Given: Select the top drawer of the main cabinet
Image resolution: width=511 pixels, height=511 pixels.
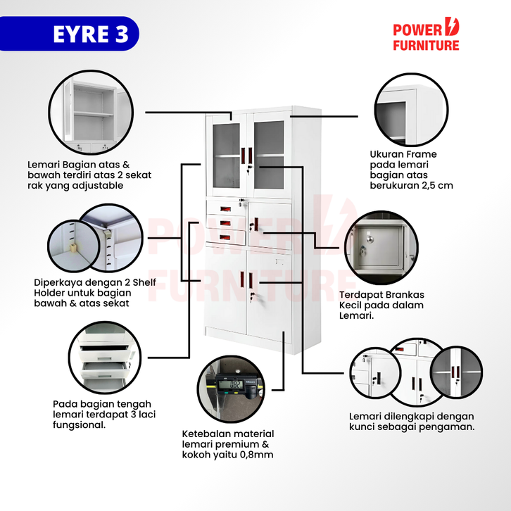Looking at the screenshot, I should click(x=225, y=209).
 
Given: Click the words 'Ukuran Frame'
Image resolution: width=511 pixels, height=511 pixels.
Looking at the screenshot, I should click(x=403, y=154).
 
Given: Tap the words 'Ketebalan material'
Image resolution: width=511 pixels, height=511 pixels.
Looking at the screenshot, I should click(x=228, y=434).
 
